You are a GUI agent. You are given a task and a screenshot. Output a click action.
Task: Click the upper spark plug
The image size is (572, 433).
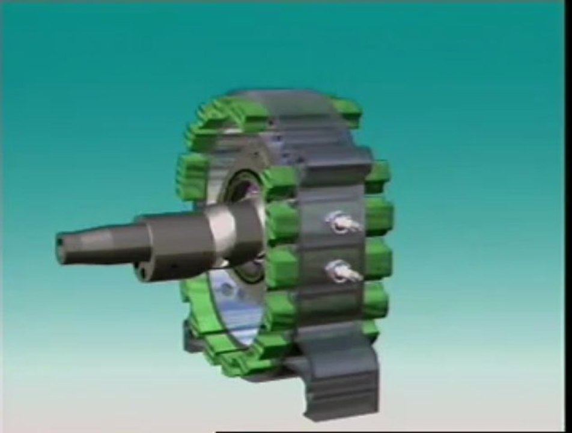342,223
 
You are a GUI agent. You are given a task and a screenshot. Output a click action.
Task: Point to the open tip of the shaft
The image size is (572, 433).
61,242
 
